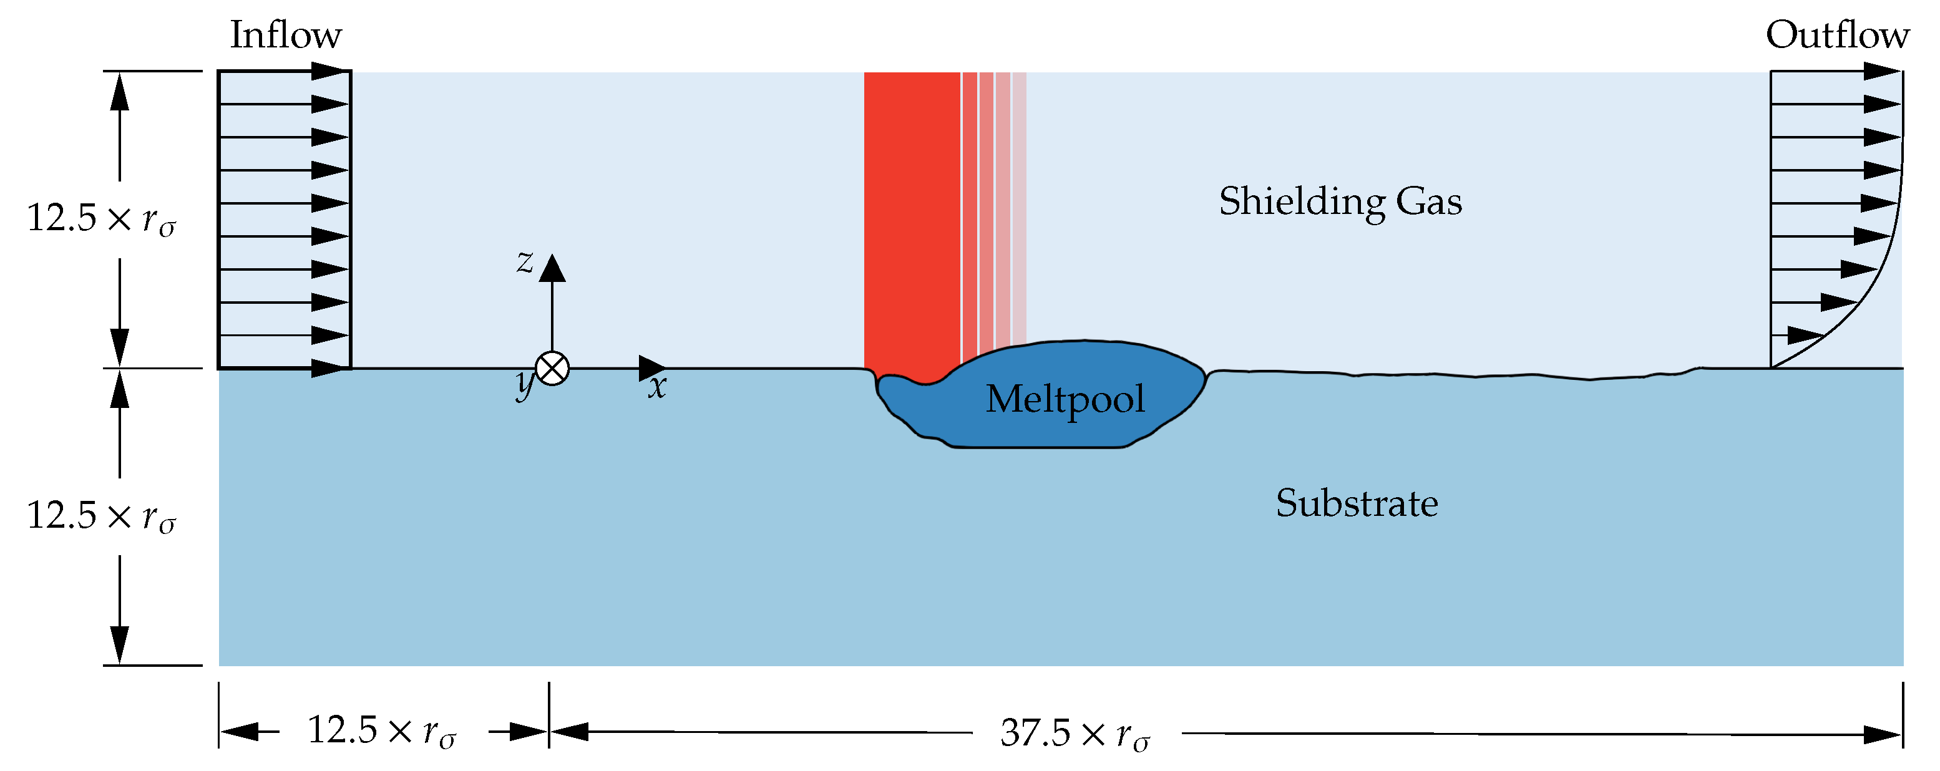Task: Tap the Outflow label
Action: click(1838, 35)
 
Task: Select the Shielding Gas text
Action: click(1340, 201)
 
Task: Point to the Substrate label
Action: click(1357, 503)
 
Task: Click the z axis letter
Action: click(525, 262)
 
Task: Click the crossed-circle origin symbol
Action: click(552, 369)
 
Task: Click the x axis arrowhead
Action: click(651, 368)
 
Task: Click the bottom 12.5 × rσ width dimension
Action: click(382, 730)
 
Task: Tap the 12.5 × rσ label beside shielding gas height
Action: click(101, 219)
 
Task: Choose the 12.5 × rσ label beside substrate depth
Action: click(101, 516)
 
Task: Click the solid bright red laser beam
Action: click(911, 218)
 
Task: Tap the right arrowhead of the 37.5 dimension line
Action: click(1882, 735)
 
